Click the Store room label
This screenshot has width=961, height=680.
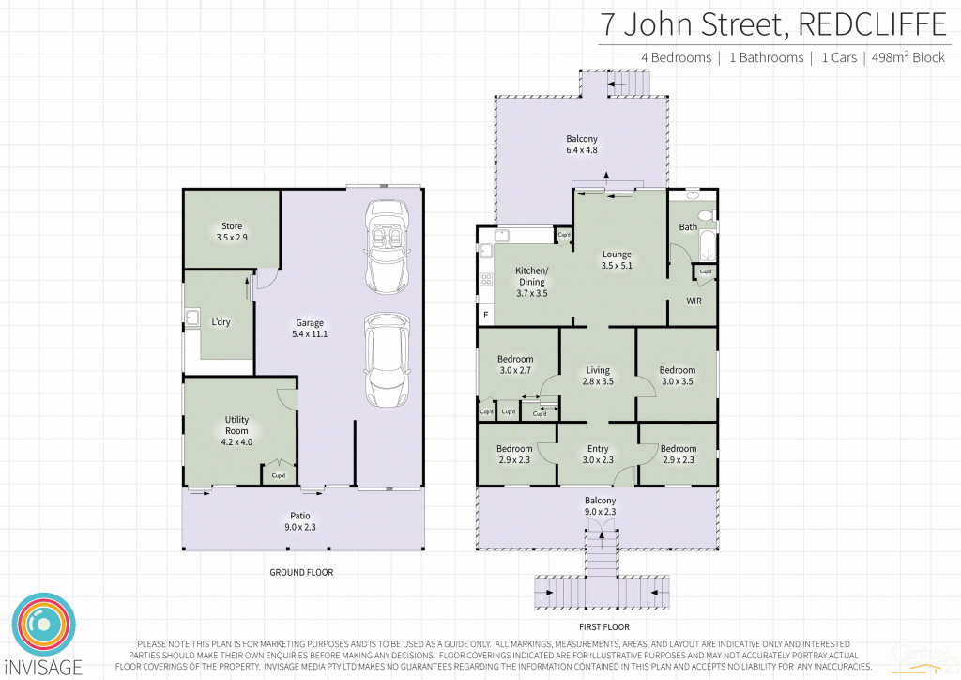[232, 232]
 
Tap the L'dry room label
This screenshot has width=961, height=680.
[221, 322]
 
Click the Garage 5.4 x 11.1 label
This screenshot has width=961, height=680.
[311, 328]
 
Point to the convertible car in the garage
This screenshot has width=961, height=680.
[387, 246]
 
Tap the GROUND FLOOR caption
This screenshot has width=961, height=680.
[301, 572]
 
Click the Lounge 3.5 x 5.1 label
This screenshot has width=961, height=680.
[617, 260]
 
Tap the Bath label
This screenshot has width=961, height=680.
[688, 227]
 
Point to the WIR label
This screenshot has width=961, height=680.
[694, 301]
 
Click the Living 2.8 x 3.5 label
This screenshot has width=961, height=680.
[598, 376]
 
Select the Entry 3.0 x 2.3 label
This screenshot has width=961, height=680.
[598, 455]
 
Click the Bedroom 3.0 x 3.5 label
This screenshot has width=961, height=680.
[677, 376]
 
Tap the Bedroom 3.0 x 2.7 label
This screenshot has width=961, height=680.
[515, 364]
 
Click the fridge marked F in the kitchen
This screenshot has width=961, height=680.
[485, 316]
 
